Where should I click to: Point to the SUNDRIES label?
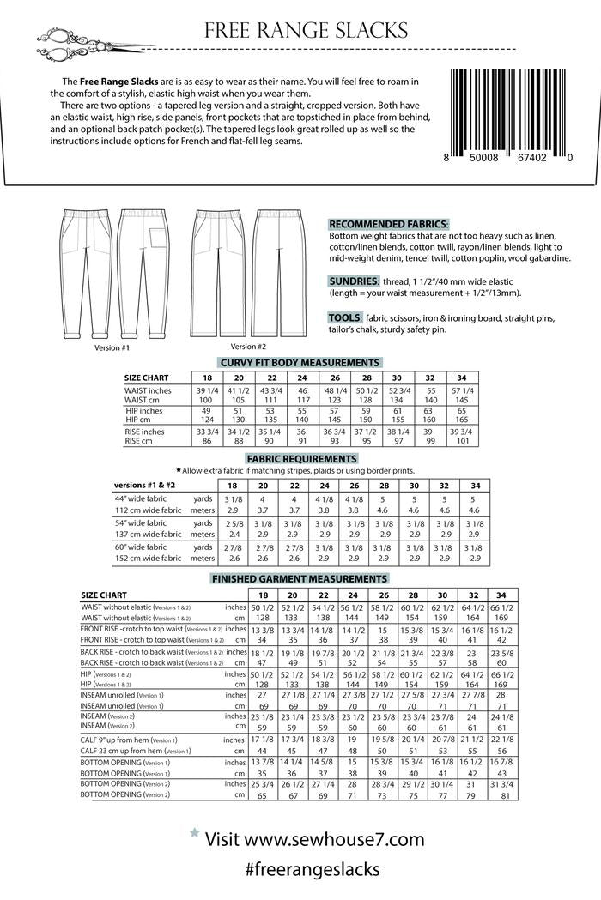coord(354,281)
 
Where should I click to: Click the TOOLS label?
coord(344,317)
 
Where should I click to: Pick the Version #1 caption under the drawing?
coord(112,348)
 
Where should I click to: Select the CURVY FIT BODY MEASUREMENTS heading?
coord(300,363)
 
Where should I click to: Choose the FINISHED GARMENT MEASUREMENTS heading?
coord(300,579)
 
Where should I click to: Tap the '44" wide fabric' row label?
coord(142,498)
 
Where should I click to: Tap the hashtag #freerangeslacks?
coord(312,869)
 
